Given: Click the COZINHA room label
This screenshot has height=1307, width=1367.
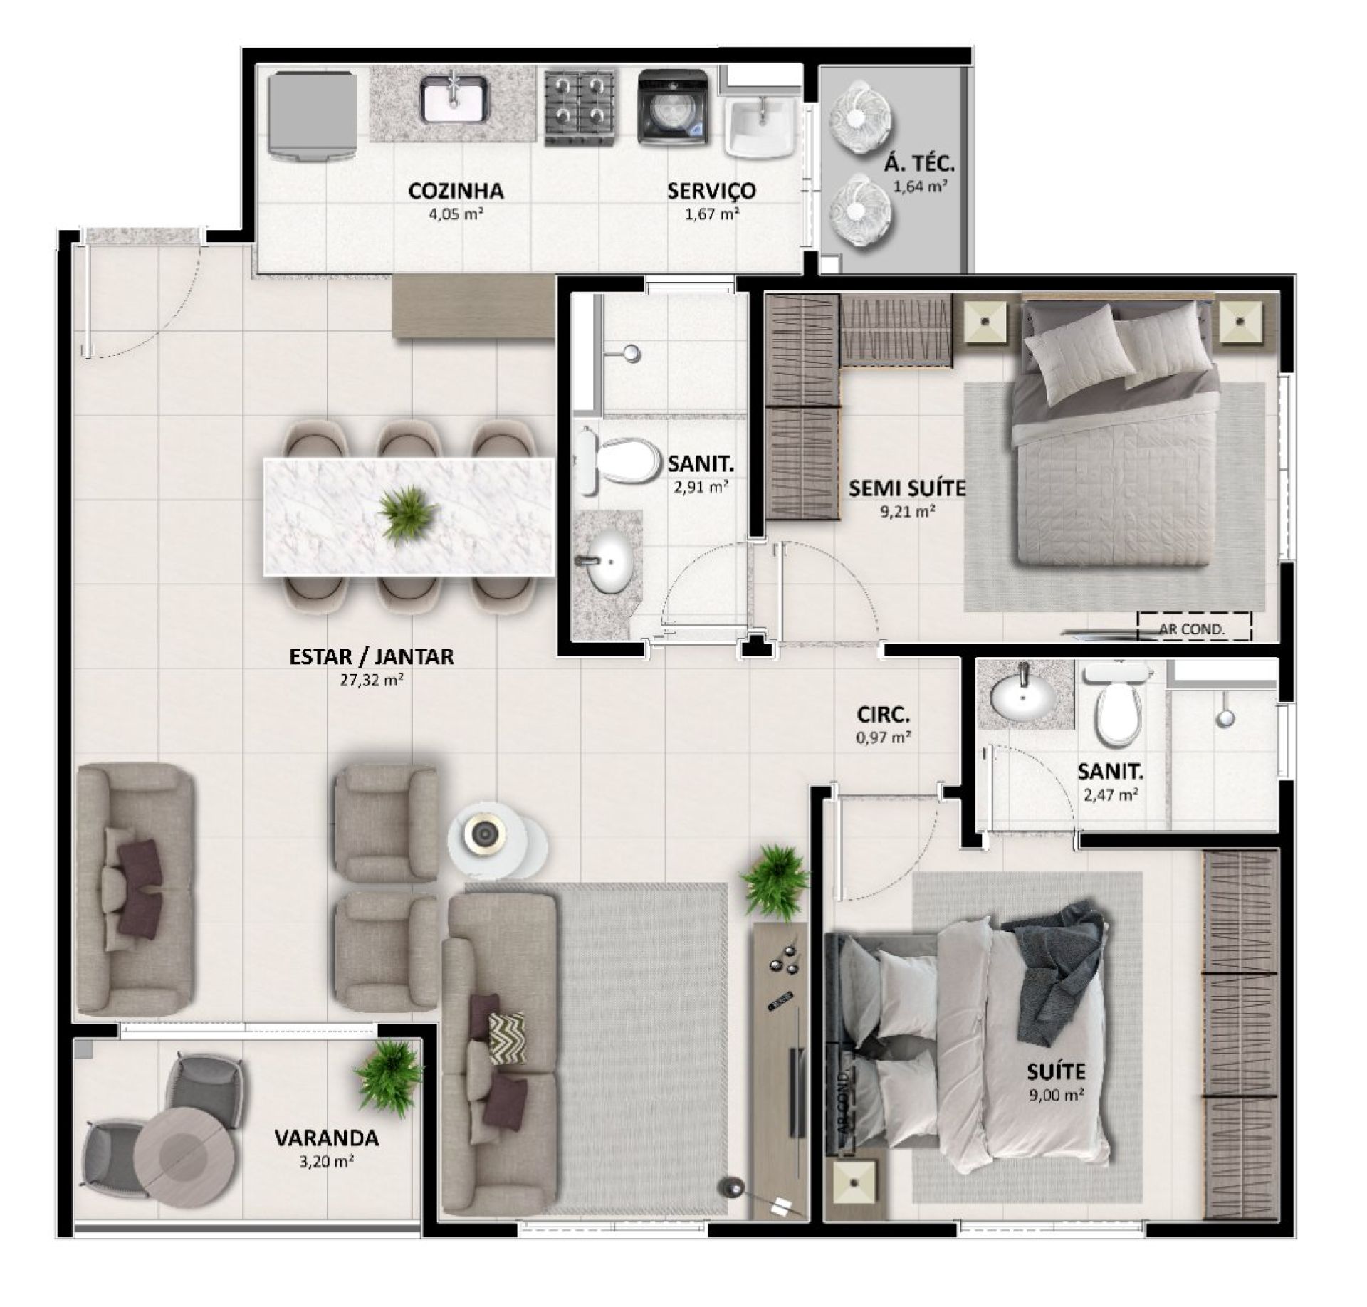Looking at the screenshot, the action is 456,191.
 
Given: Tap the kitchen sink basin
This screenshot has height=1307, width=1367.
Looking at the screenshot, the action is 455,99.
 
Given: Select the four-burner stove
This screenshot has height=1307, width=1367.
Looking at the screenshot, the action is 580,108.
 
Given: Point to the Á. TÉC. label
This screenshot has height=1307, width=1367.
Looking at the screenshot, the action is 919,164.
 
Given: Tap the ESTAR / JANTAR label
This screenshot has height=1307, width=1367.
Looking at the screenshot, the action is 372,656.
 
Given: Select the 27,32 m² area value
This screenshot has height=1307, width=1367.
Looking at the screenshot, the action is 372,680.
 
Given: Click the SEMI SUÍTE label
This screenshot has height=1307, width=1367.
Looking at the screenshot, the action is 907,488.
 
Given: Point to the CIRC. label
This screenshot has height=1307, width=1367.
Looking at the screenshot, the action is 883,714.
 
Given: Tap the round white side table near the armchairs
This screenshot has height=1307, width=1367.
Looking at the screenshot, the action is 487,834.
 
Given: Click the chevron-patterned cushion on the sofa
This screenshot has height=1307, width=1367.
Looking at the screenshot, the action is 507,1039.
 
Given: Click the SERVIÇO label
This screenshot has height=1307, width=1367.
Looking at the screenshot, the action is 711,191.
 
